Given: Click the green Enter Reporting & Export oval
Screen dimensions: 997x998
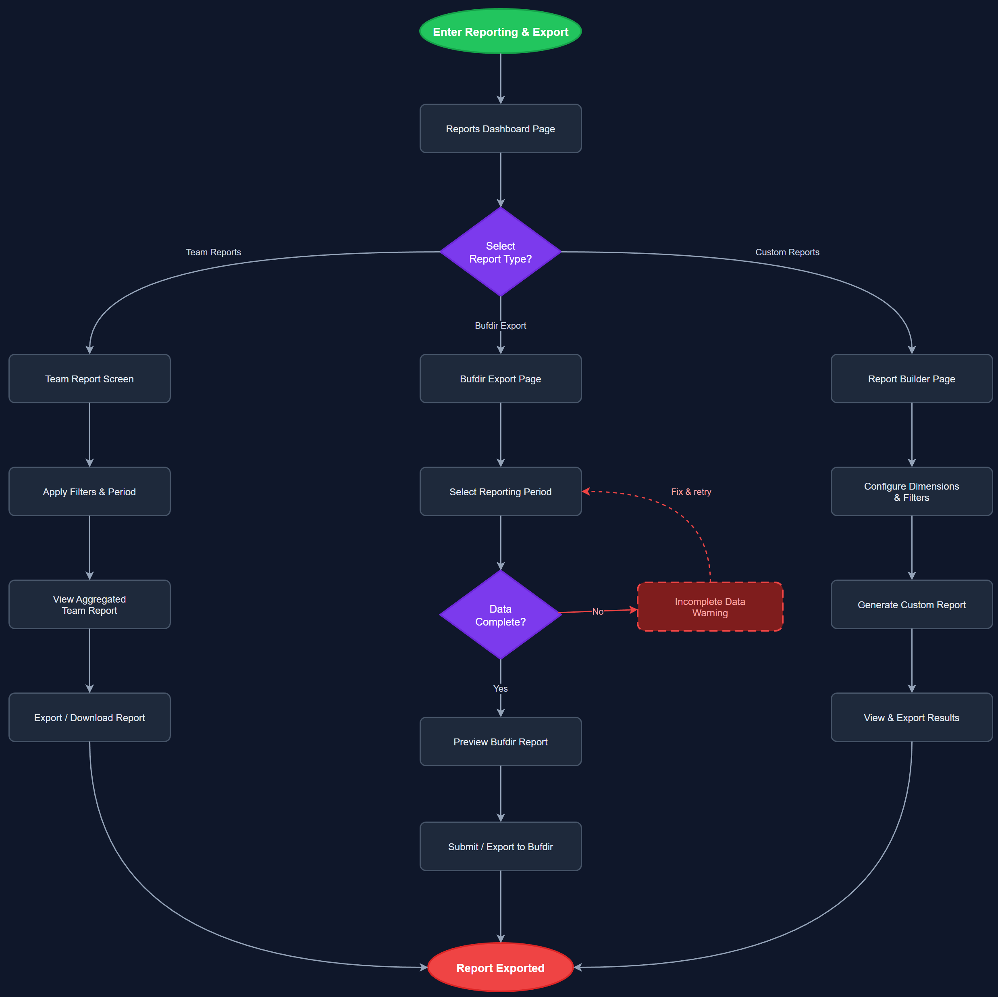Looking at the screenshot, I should (x=500, y=31).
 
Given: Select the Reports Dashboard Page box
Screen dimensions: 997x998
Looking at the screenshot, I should (x=500, y=129).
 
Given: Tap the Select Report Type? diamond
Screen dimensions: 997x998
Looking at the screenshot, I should (x=500, y=252).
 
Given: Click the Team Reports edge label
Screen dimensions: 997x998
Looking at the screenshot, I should (x=213, y=252).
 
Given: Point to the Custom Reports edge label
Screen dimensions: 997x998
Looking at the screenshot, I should (x=787, y=252).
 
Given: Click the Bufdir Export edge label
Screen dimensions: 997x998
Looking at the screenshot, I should (x=500, y=325).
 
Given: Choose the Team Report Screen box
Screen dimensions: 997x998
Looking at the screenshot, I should (x=89, y=379).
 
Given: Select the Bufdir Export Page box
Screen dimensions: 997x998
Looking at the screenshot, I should (x=500, y=379).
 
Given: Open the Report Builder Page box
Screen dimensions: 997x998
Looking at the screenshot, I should (x=911, y=379).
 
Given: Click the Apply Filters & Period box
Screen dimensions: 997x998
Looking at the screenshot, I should (x=89, y=492).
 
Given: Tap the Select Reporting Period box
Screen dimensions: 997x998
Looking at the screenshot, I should (x=500, y=492).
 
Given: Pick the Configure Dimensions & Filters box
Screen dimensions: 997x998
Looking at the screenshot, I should (x=911, y=492).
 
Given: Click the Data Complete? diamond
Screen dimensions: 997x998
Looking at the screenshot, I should (x=500, y=615).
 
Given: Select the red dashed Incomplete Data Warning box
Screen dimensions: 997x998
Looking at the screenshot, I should (x=710, y=607).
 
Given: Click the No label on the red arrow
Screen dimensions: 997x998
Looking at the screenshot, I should (x=598, y=611).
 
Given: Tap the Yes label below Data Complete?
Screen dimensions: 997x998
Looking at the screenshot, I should (x=500, y=688).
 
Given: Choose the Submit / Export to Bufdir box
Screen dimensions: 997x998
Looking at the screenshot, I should (x=500, y=847).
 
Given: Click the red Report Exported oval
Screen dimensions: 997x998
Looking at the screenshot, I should (x=500, y=968).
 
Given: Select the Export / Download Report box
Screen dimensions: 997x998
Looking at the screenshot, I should (x=89, y=718).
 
